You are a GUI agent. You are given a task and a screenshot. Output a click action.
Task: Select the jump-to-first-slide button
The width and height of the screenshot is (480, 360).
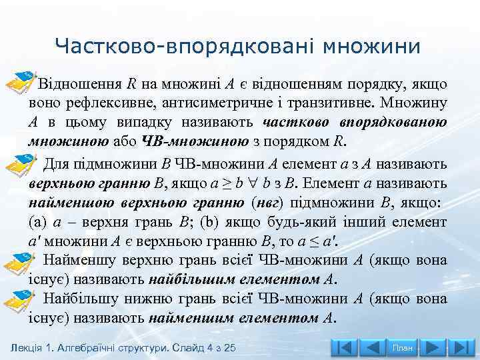345,348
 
